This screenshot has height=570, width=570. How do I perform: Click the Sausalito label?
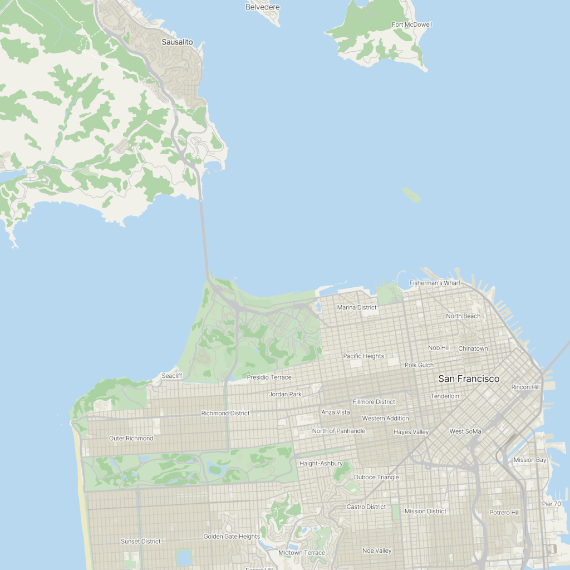177,42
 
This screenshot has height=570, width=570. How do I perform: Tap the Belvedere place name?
262,7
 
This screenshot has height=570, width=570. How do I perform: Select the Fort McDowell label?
411,24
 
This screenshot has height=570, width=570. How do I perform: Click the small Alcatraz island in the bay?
411,194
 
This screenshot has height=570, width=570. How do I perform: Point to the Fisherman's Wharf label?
435,283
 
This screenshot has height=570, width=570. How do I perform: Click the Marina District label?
357,307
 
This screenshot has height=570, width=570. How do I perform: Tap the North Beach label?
463,316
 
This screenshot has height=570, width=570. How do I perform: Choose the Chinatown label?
473,348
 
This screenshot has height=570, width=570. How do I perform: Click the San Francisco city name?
469,379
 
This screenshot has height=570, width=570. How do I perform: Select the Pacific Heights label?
363,356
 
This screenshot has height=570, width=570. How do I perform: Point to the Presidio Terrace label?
269,377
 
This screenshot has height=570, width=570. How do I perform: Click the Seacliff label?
172,376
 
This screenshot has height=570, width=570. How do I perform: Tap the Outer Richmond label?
131,438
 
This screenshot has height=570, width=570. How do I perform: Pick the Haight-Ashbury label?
321,463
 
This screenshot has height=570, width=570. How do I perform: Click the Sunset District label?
141,541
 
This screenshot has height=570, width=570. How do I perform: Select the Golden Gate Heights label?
232,537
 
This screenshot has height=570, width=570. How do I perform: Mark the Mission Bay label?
530,460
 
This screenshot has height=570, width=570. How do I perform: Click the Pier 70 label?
551,504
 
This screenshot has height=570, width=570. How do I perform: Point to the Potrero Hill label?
504,512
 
